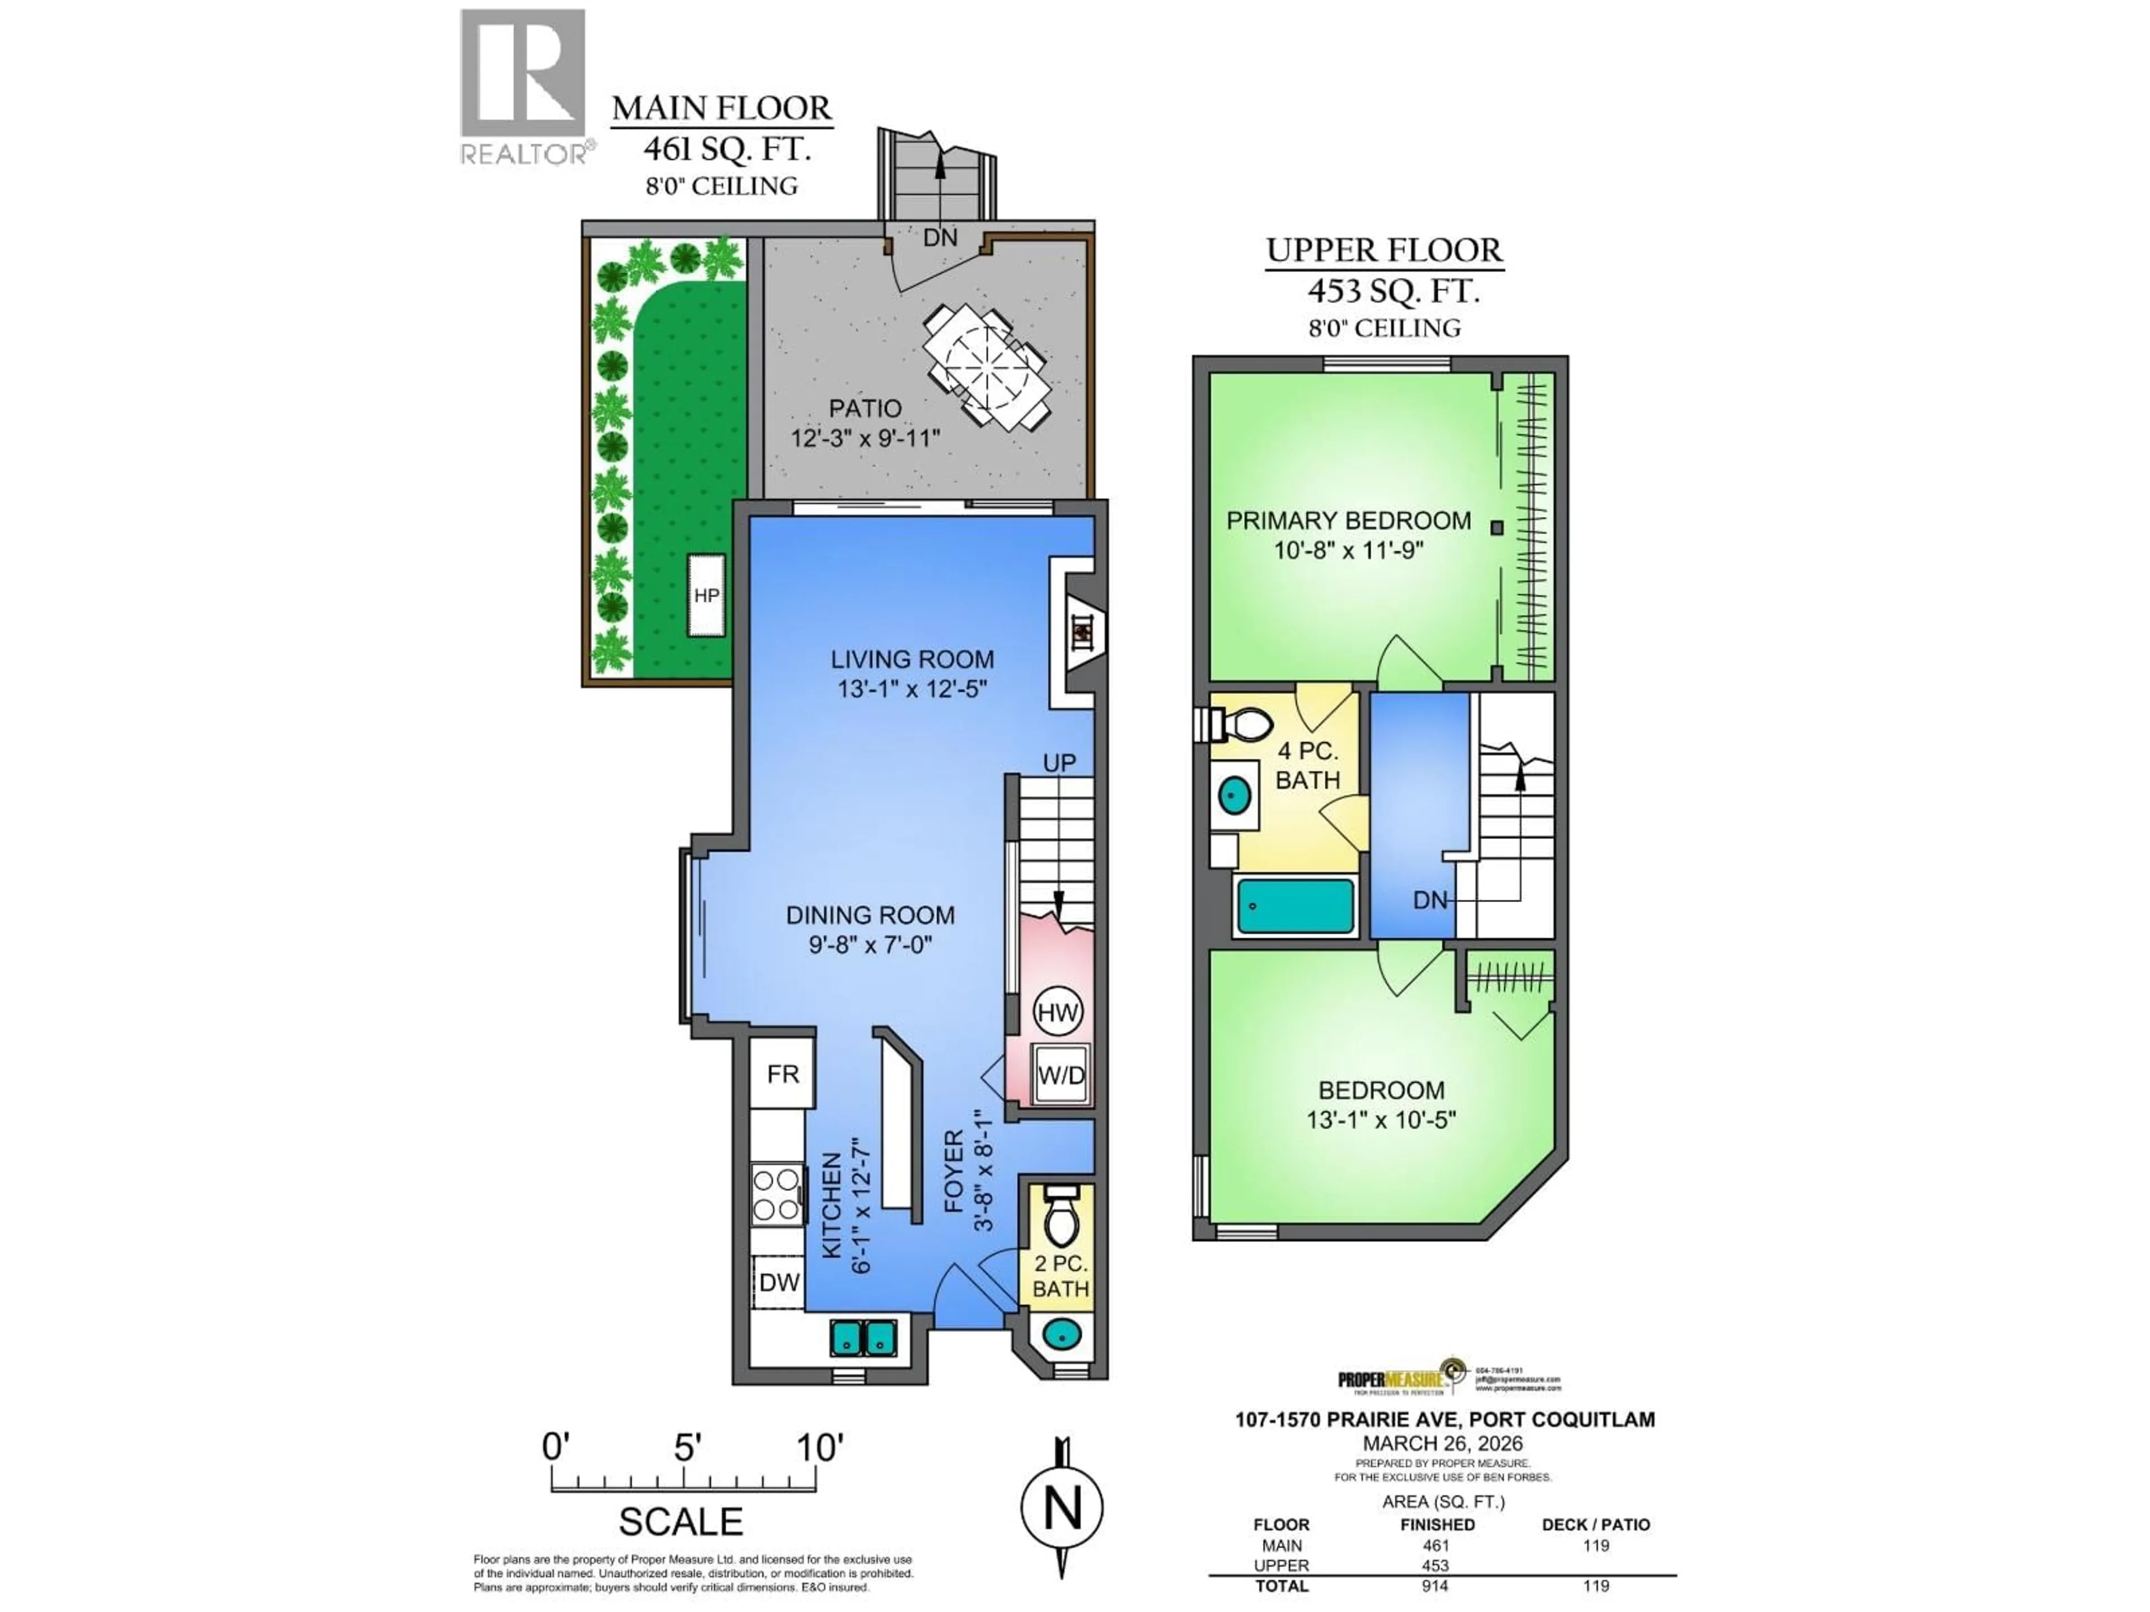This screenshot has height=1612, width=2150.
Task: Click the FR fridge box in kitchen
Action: click(782, 1074)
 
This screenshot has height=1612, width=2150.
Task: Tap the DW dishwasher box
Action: click(779, 1282)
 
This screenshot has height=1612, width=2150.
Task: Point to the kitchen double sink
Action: click(862, 1338)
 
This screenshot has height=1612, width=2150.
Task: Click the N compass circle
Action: click(1062, 1508)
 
